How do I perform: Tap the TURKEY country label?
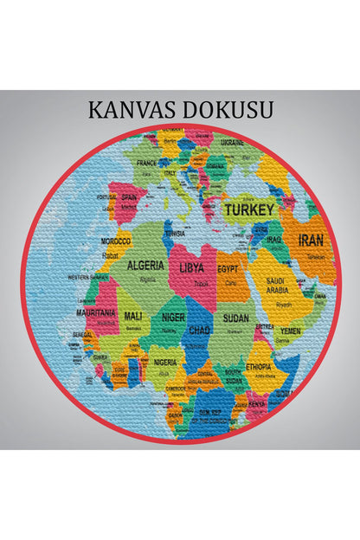point(249,209)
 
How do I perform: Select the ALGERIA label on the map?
point(146,266)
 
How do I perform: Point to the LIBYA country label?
point(191,268)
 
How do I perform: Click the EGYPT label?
point(229,269)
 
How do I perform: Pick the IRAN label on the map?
point(312,241)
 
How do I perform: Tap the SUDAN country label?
point(235,318)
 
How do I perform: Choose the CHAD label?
point(200,331)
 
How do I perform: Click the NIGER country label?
point(173,318)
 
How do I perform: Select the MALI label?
point(133,316)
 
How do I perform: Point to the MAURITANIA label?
point(96,312)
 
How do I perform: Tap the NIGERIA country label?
point(166,362)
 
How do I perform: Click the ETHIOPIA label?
point(259,366)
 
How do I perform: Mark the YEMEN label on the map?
point(291,331)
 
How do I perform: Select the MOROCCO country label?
point(116,241)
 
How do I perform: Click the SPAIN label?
point(129,196)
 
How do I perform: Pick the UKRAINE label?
point(232,142)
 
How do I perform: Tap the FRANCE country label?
point(145,162)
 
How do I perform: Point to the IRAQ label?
point(274,239)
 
